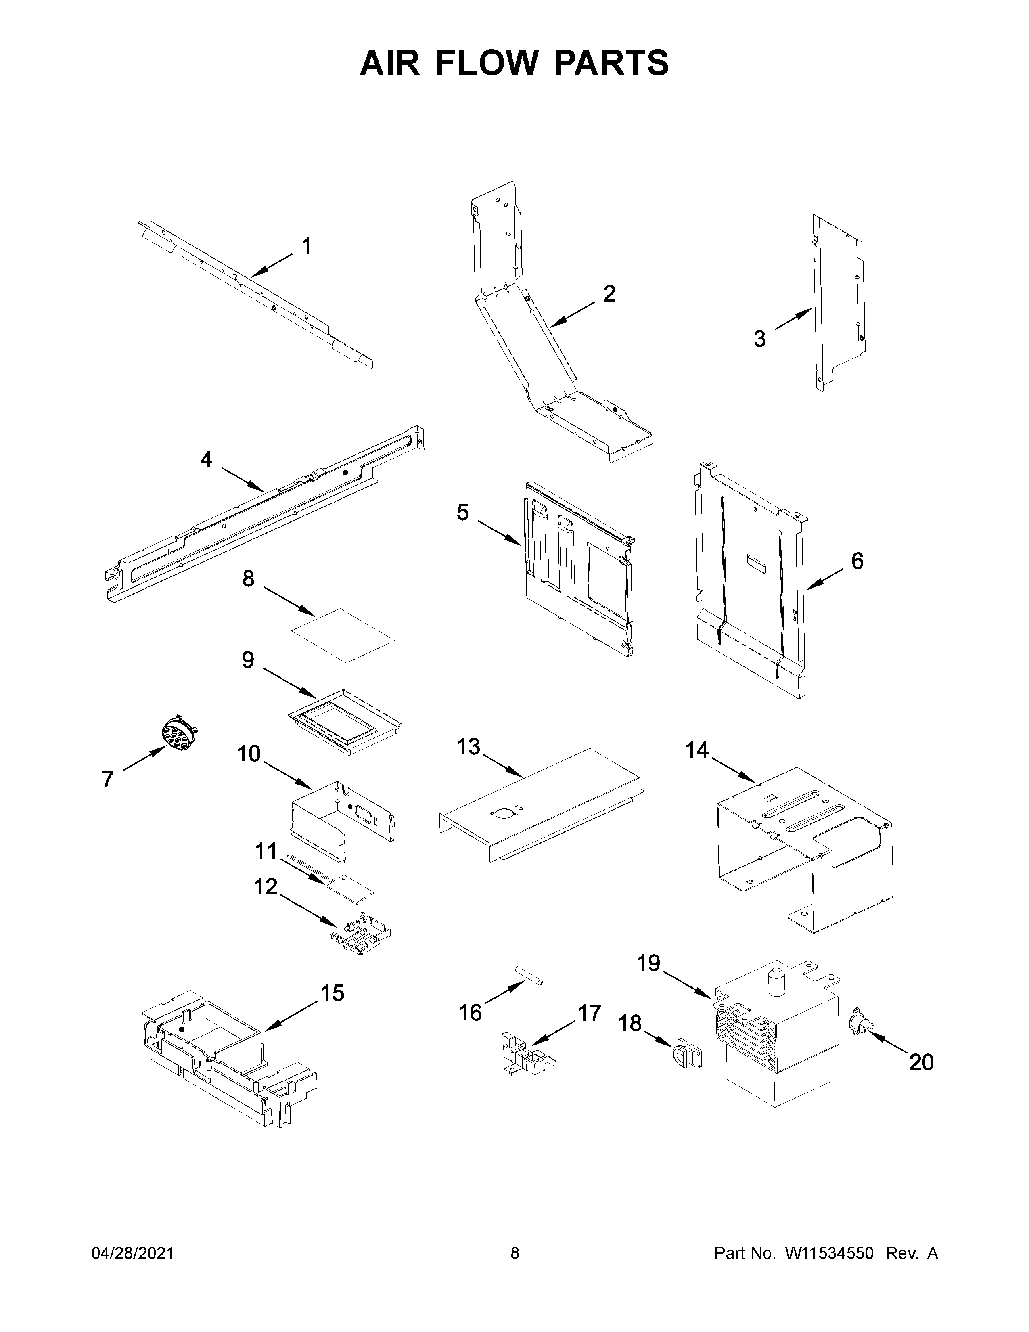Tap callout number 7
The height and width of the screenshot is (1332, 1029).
pos(108,779)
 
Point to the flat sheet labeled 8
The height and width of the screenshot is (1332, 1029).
pos(343,634)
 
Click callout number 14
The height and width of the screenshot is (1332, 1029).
pos(697,750)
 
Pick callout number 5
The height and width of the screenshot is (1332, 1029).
pos(463,513)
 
